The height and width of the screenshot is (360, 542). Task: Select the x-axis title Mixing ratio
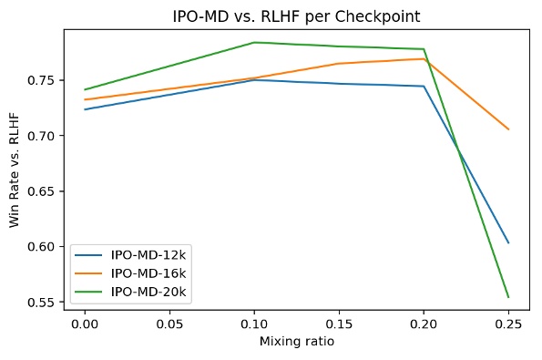click(296, 342)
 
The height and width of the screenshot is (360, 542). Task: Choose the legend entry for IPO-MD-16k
click(147, 273)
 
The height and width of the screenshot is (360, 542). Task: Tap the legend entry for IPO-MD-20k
click(147, 291)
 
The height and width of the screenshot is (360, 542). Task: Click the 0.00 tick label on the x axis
click(85, 323)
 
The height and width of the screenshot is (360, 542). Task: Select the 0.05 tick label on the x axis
click(169, 323)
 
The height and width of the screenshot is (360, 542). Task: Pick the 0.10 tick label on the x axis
click(254, 323)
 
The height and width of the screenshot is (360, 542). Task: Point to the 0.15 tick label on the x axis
click(339, 323)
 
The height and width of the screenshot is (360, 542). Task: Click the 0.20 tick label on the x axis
click(424, 323)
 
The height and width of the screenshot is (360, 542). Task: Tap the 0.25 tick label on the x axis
click(508, 323)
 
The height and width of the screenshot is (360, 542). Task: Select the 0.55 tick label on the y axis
click(45, 302)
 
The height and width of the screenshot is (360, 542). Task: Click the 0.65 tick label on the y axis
click(45, 191)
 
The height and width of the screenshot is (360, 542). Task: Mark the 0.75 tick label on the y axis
click(45, 80)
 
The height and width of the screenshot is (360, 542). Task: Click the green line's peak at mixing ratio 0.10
click(254, 43)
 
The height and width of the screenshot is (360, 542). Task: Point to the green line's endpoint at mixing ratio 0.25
click(508, 297)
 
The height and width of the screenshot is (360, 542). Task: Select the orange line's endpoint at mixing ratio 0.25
click(508, 129)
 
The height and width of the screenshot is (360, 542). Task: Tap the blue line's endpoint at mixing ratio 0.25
click(508, 242)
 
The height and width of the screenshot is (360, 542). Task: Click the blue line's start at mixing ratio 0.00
click(85, 109)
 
